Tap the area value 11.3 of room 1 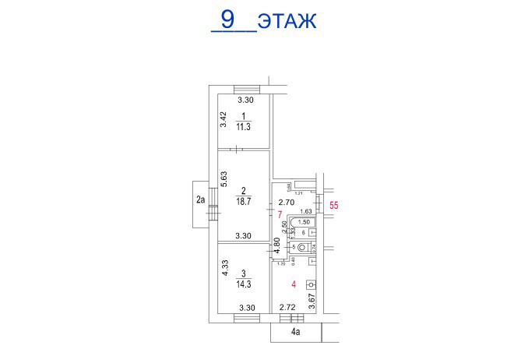tap(244, 126)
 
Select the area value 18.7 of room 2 tap(244, 199)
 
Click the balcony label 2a tap(200, 200)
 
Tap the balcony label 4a tap(296, 333)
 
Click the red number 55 tap(335, 206)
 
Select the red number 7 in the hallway tap(280, 213)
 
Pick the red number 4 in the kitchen tap(294, 284)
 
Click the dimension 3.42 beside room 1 tap(223, 120)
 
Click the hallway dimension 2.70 tap(287, 202)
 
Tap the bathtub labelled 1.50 tap(304, 222)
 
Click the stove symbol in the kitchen tap(312, 284)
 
